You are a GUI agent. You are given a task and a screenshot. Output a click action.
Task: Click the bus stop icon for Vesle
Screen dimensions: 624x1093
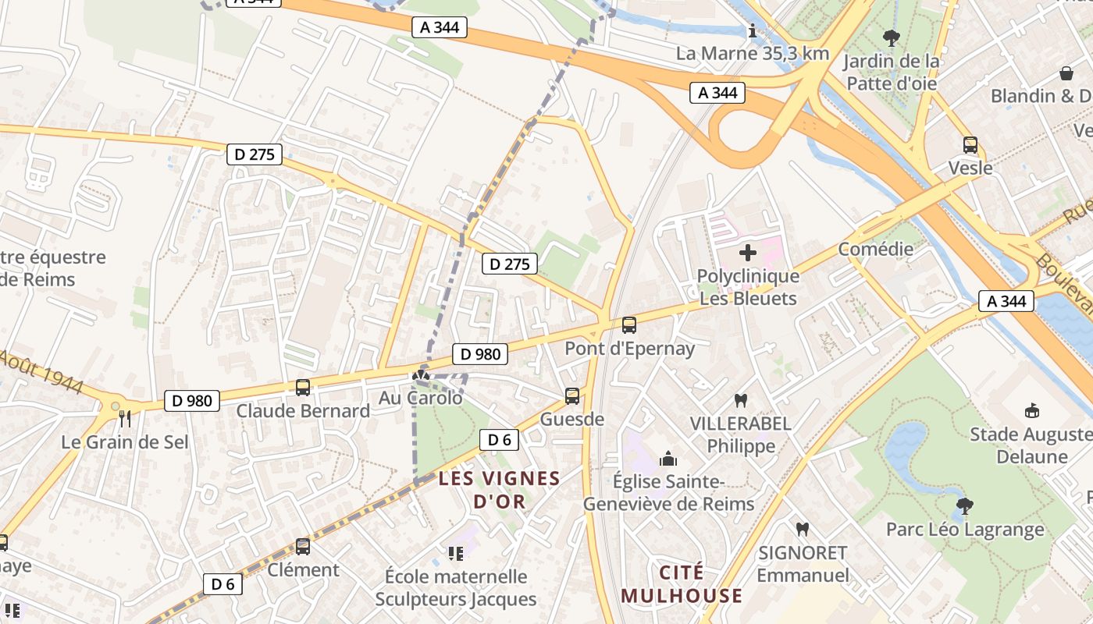click(x=970, y=145)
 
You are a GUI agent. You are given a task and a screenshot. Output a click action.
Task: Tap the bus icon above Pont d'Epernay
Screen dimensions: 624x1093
click(x=629, y=325)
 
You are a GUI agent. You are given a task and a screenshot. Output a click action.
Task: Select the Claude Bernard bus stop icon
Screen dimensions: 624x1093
click(x=303, y=387)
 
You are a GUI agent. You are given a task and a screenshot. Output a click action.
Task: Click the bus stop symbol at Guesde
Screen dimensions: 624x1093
click(x=572, y=396)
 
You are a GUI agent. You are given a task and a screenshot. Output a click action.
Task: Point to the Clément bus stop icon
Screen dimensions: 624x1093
click(x=303, y=546)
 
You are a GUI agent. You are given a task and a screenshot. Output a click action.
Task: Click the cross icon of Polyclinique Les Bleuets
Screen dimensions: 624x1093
click(x=748, y=253)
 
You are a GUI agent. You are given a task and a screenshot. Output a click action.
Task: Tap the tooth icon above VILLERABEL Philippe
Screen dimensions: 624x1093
click(x=740, y=401)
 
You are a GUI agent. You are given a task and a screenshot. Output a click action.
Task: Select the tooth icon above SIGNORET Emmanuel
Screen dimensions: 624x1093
click(x=802, y=530)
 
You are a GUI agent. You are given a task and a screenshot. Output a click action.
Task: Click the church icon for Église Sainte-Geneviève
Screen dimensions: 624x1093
click(x=668, y=459)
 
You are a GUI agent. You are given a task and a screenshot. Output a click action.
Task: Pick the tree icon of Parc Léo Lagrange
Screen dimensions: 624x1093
click(x=965, y=505)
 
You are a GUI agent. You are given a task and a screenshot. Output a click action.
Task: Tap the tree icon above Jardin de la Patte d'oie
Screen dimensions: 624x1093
click(x=890, y=37)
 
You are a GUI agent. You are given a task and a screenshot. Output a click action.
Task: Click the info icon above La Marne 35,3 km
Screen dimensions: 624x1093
click(x=752, y=31)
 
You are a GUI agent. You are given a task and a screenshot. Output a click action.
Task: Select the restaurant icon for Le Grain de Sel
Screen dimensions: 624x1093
click(x=124, y=419)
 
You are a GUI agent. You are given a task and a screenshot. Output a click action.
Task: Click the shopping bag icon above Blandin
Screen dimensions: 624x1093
click(x=1066, y=73)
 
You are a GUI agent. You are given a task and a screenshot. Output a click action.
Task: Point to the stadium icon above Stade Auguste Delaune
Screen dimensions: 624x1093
click(x=1031, y=410)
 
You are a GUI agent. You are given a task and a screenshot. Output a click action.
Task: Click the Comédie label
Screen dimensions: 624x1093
click(x=875, y=250)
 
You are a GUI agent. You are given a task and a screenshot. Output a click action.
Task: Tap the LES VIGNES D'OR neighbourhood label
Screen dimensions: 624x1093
click(x=500, y=490)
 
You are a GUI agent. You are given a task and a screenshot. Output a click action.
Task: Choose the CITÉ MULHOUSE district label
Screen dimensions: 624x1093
click(x=682, y=584)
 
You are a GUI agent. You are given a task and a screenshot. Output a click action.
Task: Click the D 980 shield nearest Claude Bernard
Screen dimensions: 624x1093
click(x=191, y=401)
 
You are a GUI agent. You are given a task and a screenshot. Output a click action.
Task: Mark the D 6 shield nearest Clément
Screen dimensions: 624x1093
click(x=223, y=583)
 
